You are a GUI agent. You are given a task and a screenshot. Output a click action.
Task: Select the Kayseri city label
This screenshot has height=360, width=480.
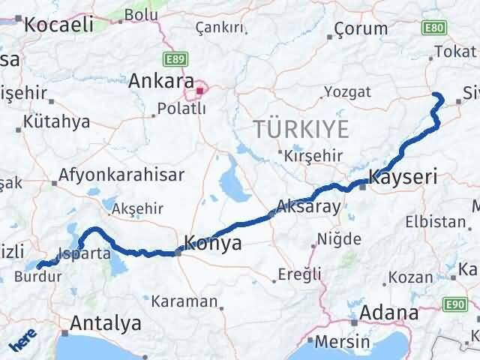[403, 178]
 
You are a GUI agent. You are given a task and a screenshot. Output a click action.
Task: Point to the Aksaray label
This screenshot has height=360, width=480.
[308, 206]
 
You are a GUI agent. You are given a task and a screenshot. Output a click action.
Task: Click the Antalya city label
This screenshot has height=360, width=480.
[105, 324]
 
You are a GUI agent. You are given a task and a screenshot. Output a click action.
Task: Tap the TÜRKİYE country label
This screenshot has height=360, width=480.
[300, 129]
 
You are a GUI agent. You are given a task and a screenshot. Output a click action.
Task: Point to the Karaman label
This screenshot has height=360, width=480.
[184, 301]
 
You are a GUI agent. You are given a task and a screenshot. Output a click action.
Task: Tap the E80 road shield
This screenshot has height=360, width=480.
[433, 28]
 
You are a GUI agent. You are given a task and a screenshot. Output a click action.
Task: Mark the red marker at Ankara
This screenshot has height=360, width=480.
[199, 91]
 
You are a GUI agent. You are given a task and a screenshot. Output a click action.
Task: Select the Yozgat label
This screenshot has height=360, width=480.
[346, 92]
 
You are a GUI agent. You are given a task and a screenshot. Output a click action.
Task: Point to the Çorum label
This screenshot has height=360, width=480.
[361, 29]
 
